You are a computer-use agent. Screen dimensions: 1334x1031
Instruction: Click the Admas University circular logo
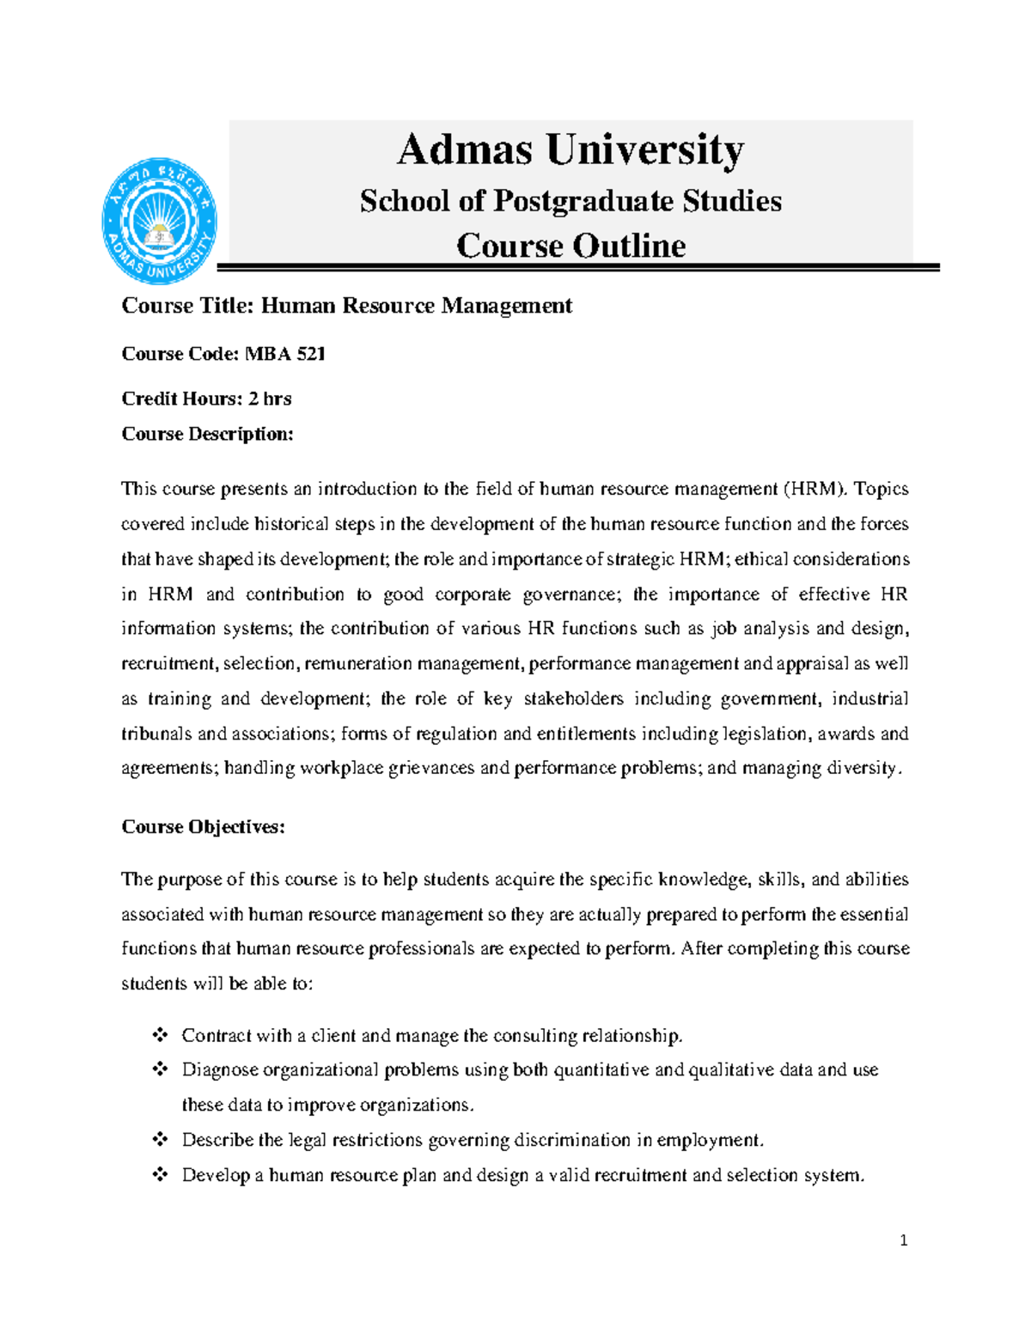(x=159, y=221)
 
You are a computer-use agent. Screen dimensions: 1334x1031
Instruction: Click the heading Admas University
(x=570, y=149)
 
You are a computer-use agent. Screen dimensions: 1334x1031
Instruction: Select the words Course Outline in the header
(x=570, y=246)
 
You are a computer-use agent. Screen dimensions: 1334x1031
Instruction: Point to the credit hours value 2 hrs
(x=270, y=399)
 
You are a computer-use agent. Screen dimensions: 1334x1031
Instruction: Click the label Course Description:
(x=207, y=434)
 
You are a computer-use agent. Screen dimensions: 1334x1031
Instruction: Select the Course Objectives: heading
(x=203, y=826)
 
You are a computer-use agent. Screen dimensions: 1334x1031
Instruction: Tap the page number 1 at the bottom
(x=903, y=1240)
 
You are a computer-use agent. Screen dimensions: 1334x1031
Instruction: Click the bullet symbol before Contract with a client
(x=160, y=1035)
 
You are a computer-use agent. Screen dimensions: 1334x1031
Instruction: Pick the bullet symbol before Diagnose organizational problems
(x=160, y=1069)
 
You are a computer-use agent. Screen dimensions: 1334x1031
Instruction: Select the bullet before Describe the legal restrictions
(x=160, y=1140)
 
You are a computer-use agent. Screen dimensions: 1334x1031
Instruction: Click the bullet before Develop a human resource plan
(x=160, y=1174)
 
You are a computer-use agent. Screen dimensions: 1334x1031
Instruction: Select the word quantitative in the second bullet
(x=601, y=1069)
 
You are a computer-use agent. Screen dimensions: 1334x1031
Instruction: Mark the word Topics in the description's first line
(x=881, y=489)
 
